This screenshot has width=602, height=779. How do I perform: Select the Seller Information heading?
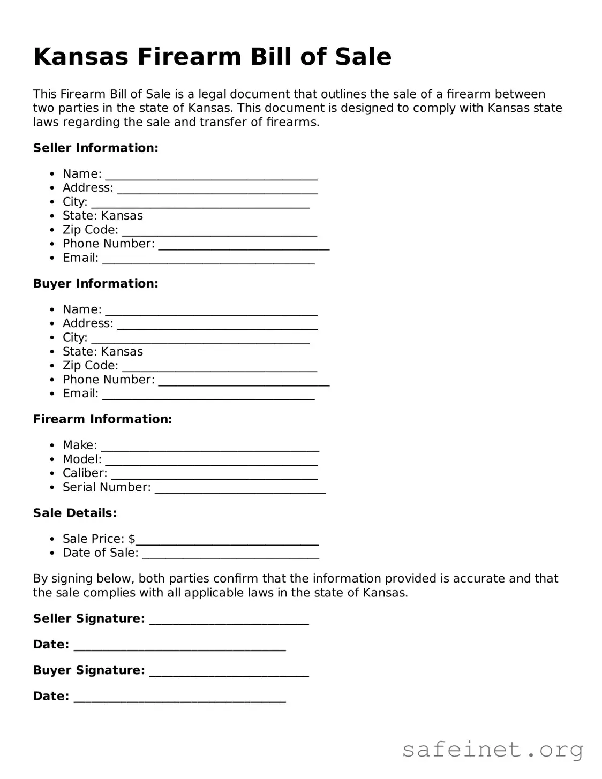click(95, 148)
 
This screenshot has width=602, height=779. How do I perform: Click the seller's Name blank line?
click(212, 177)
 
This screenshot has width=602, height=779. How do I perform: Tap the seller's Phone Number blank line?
click(244, 246)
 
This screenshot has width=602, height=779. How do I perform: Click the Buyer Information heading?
click(95, 283)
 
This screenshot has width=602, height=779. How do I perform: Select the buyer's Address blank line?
click(217, 326)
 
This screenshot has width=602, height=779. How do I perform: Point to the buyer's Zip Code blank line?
click(220, 368)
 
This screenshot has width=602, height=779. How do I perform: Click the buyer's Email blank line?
click(208, 396)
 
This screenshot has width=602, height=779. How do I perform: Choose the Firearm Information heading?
click(102, 419)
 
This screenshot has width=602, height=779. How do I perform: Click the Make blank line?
click(210, 448)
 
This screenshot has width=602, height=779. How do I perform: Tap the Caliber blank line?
click(214, 476)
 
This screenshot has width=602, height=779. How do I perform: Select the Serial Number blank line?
click(240, 490)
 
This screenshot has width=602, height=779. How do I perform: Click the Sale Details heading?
click(74, 513)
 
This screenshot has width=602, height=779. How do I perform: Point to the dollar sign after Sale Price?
click(132, 539)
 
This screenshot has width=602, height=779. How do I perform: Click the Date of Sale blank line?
click(230, 556)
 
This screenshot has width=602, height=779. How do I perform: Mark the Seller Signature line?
click(229, 622)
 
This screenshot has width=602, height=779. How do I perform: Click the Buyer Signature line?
click(229, 674)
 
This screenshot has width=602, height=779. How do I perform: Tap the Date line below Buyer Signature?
click(179, 699)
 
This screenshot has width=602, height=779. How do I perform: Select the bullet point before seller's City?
click(52, 202)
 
